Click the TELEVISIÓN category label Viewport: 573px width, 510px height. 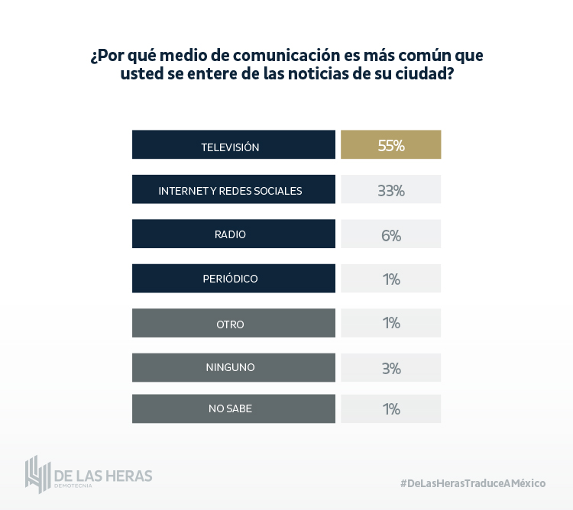pos(230,147)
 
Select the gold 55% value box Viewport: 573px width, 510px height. pos(390,145)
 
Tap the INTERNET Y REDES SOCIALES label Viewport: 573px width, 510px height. pos(230,191)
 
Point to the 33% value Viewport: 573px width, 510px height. pos(390,190)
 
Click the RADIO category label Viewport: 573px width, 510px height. pos(230,234)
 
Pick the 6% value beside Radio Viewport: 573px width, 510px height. pos(390,234)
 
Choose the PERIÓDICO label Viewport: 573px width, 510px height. pos(230,279)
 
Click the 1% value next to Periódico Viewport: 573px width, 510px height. pos(390,279)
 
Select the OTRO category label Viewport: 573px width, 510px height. pos(230,324)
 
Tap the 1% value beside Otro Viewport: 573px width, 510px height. pos(390,323)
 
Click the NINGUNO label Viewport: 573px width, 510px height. pos(230,367)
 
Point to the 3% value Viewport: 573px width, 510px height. pos(390,368)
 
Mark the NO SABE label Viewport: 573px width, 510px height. pos(230,408)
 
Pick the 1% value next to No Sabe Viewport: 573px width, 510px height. pos(390,408)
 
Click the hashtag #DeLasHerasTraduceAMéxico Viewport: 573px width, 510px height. pos(473,483)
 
